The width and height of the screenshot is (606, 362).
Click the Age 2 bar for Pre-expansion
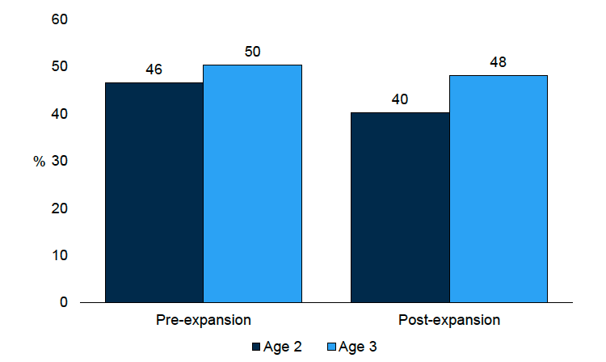154,192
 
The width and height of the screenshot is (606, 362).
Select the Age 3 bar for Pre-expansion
252,183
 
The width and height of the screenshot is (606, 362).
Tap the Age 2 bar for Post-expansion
400,207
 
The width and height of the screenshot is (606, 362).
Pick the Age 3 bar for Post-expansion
499,188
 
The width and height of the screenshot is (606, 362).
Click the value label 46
154,69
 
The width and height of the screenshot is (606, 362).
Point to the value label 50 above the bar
252,52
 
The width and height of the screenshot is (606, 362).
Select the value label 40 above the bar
400,99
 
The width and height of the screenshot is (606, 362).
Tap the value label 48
499,62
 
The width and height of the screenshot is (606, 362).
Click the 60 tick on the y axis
58,19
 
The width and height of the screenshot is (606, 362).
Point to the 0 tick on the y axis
62,302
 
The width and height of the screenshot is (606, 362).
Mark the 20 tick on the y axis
58,208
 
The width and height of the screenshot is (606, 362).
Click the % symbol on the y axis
39,162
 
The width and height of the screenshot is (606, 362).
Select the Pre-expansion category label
203,320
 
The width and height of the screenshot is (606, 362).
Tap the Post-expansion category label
449,320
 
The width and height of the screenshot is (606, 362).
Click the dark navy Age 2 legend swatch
257,347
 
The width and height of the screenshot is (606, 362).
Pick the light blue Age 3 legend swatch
331,347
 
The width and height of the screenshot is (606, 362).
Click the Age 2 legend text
283,347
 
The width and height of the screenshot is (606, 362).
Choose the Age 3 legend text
357,347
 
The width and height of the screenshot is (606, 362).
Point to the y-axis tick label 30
58,162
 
